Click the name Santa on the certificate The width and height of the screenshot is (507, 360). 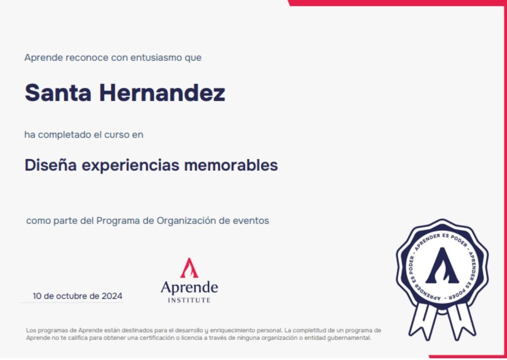[x=58, y=92]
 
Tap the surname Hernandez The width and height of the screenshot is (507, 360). [x=162, y=92]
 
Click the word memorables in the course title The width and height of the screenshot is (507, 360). [x=231, y=165]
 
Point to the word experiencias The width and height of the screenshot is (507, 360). [x=130, y=166]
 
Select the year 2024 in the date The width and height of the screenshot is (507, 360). [x=112, y=296]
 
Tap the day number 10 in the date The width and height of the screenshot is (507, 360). [x=37, y=296]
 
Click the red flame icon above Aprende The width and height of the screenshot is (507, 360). [x=189, y=268]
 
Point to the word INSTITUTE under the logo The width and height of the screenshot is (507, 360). [x=189, y=300]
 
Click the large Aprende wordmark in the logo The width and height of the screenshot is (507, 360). [x=189, y=288]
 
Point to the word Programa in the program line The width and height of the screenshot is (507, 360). [x=118, y=221]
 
